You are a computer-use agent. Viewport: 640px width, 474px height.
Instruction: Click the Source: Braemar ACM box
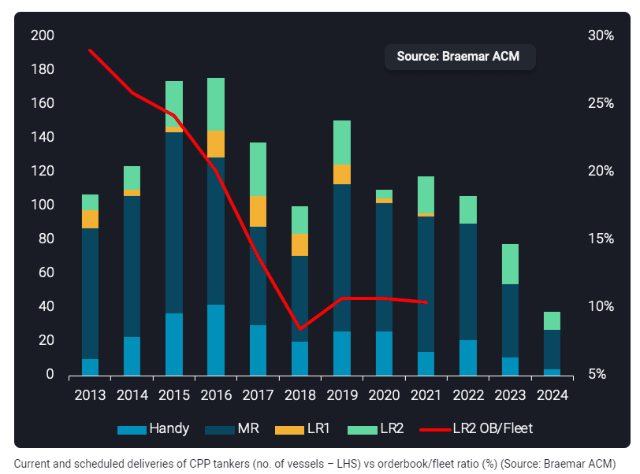460,57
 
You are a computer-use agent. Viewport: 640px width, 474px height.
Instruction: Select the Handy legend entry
154,428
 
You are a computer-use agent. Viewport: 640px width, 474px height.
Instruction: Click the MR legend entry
233,428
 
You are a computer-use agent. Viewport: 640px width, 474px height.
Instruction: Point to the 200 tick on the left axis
43,35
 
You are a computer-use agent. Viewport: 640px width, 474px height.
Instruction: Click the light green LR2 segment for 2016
216,104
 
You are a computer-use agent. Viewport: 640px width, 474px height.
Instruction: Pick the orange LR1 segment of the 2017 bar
258,211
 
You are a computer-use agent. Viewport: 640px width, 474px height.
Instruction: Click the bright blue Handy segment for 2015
174,343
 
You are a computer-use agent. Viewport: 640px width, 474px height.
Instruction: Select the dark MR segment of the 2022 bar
468,282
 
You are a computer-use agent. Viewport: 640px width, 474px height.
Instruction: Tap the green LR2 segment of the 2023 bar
510,264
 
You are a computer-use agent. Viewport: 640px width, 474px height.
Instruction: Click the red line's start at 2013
90,50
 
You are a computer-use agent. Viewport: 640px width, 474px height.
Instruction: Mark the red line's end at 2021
426,302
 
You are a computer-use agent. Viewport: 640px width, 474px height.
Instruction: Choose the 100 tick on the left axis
43,205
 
